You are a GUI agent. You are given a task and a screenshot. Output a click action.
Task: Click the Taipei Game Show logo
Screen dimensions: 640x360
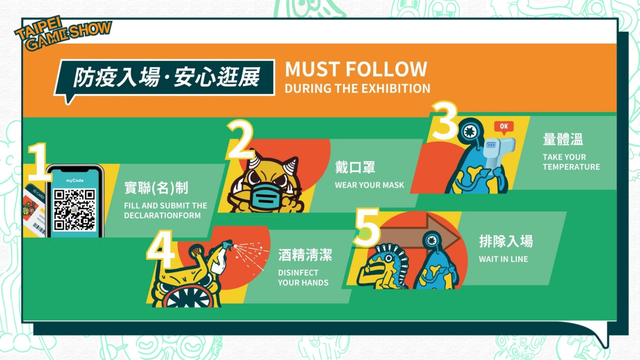(x=63, y=33)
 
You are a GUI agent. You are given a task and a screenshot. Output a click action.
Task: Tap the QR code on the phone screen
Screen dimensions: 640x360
(x=75, y=210)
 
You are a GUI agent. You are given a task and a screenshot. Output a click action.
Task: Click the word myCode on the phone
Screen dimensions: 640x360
(x=75, y=180)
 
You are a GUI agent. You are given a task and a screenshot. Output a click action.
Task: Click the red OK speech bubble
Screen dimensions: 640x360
(x=504, y=127)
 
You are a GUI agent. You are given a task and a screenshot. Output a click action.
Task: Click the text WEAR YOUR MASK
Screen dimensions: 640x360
(x=369, y=185)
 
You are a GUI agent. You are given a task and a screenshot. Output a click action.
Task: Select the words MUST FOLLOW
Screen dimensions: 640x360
(x=356, y=69)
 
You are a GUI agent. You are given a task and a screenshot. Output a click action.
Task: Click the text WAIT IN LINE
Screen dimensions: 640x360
(x=504, y=259)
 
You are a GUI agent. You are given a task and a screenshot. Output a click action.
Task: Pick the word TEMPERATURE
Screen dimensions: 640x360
(x=571, y=167)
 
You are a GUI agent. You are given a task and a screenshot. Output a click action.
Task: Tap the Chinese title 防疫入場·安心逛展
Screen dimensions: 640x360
(x=166, y=77)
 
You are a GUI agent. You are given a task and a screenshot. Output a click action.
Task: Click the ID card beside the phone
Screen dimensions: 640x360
(x=34, y=210)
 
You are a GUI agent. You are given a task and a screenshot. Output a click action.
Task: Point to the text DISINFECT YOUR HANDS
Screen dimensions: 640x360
(x=303, y=277)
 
